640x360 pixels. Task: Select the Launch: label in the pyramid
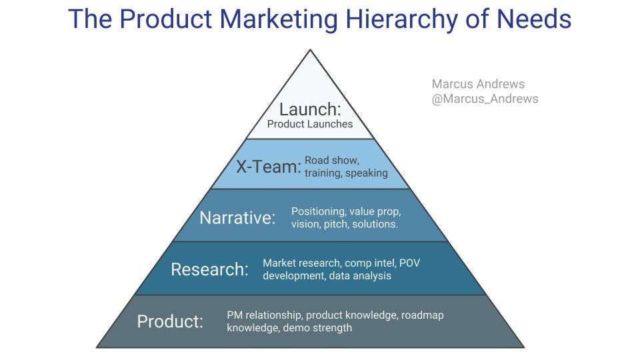[309, 109]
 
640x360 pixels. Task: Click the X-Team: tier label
[269, 167]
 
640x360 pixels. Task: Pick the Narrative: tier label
[237, 217]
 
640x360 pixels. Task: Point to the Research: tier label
[209, 269]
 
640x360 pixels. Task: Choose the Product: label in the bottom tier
[170, 321]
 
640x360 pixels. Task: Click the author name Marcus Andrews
[478, 84]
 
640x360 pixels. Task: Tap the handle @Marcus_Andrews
[485, 99]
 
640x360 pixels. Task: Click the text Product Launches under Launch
[310, 124]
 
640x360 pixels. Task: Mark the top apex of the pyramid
[310, 50]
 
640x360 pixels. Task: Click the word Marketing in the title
[280, 19]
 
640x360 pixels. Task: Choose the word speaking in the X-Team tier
[366, 173]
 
